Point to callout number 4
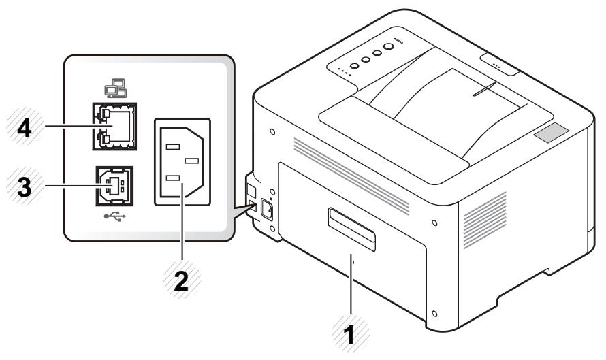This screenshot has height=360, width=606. coord(24,127)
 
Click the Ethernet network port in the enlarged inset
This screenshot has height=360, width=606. coord(114,126)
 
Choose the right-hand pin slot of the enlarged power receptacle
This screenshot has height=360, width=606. coord(192,161)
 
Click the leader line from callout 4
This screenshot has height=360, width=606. coord(68,127)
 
